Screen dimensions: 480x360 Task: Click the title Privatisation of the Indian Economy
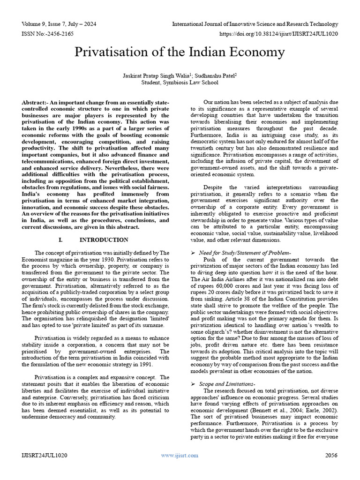pyautogui.click(x=180, y=52)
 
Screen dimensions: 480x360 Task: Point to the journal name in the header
pyautogui.click(x=255, y=23)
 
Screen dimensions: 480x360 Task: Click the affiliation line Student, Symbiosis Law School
pyautogui.click(x=180, y=82)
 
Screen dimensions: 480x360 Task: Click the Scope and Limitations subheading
pyautogui.click(x=230, y=384)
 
